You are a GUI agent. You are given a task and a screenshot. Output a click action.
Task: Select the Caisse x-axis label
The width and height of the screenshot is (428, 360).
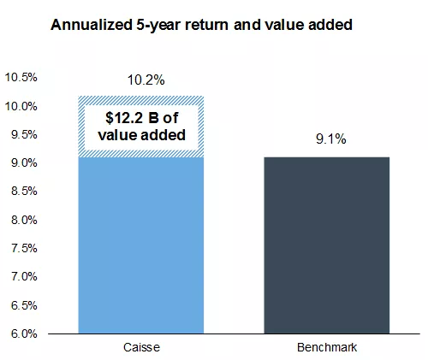pyautogui.click(x=140, y=349)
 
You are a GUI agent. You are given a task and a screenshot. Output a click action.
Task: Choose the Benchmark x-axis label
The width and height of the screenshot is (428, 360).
pyautogui.click(x=326, y=349)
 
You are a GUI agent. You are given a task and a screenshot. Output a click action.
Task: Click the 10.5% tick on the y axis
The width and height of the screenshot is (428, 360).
pyautogui.click(x=21, y=78)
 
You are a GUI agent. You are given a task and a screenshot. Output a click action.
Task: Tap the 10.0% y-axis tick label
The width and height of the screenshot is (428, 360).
pyautogui.click(x=21, y=106)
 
